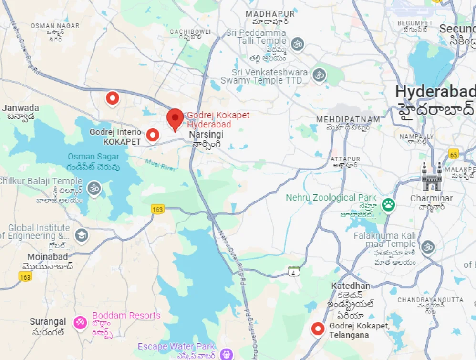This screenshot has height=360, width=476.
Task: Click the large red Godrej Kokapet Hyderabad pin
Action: pyautogui.click(x=175, y=119)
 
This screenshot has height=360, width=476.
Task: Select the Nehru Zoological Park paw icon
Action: pyautogui.click(x=389, y=205)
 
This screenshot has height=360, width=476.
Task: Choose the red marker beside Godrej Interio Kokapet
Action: pyautogui.click(x=153, y=136)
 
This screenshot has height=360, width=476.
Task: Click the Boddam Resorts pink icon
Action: pyautogui.click(x=80, y=322)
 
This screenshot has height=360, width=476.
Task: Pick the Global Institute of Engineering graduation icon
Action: pyautogui.click(x=82, y=235)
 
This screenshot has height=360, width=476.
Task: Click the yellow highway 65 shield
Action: pyautogui.click(x=454, y=154)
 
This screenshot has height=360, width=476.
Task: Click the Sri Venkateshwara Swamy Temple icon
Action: pyautogui.click(x=319, y=74)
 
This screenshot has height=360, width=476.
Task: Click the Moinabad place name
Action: pyautogui.click(x=47, y=257)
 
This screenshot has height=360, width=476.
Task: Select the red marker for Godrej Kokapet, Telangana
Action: pyautogui.click(x=318, y=328)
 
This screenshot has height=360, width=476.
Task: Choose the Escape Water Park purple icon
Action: pyautogui.click(x=226, y=354)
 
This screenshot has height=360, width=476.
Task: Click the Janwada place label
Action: pyautogui.click(x=21, y=108)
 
